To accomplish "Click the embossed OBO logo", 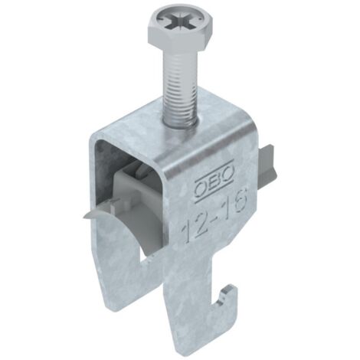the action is (214, 181).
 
